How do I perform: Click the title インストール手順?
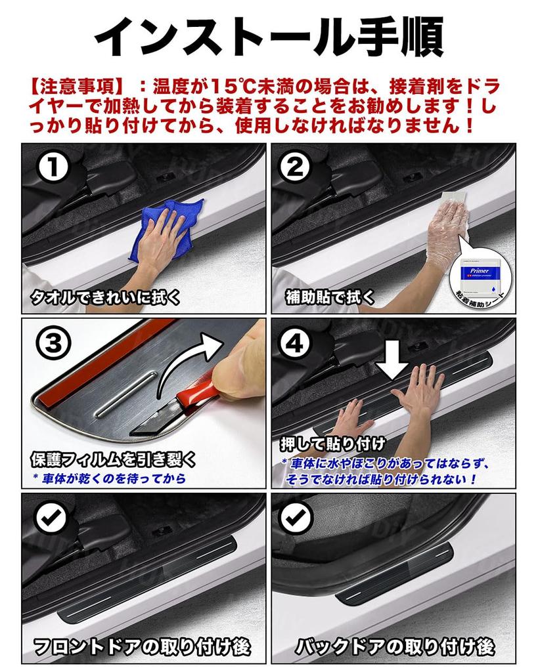pos(269,36)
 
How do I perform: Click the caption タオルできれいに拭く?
pos(105,299)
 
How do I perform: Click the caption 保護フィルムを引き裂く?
pos(113,458)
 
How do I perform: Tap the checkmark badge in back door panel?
pos(298,520)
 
